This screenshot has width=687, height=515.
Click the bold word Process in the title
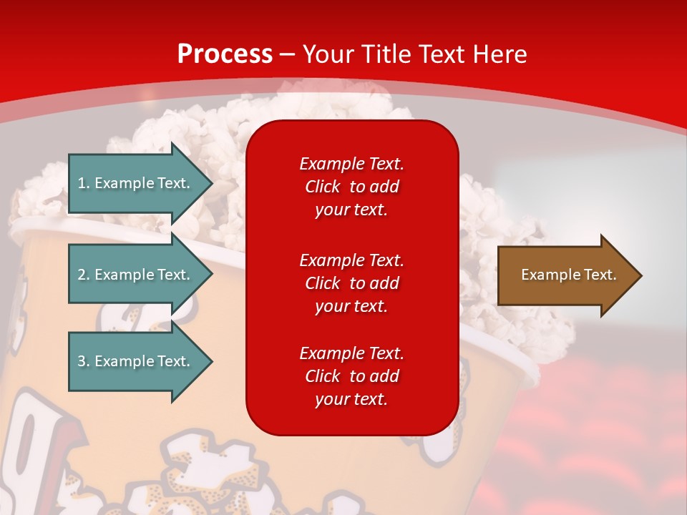click(225, 54)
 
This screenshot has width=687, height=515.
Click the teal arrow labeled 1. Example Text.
click(136, 183)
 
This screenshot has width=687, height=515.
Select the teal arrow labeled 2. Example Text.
click(136, 275)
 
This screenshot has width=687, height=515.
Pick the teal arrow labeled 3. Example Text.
click(136, 361)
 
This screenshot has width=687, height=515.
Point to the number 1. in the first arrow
click(84, 183)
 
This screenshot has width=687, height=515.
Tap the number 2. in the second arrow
click(84, 275)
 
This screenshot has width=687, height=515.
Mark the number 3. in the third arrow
click(84, 361)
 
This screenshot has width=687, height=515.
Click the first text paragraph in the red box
click(351, 187)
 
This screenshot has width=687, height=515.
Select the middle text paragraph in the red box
click(351, 283)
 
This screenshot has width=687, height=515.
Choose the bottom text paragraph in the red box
click(351, 376)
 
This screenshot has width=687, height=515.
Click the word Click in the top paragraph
click(323, 187)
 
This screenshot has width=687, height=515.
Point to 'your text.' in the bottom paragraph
click(351, 399)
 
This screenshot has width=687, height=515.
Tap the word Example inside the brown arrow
click(546, 275)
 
